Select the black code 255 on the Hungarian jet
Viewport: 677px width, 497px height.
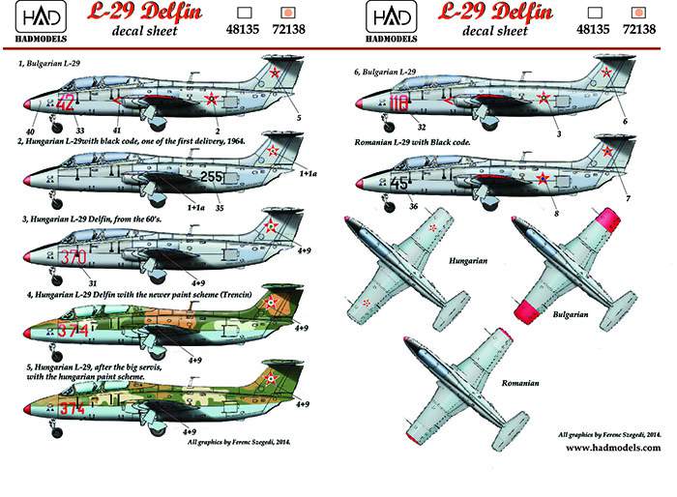(x=212, y=177)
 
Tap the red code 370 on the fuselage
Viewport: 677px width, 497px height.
(x=74, y=257)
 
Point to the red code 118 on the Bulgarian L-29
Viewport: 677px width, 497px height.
(x=398, y=103)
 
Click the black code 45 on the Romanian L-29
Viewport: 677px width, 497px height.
(x=398, y=184)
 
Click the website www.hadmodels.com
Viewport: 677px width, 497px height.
(x=613, y=448)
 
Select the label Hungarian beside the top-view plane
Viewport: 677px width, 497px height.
(x=468, y=261)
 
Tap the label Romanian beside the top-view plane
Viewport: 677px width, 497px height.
(x=520, y=383)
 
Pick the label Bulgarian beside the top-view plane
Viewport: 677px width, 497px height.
(x=571, y=314)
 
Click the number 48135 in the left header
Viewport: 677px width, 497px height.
(x=242, y=29)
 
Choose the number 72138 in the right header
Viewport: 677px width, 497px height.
(x=639, y=29)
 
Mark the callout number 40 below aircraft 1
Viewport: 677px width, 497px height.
(x=30, y=132)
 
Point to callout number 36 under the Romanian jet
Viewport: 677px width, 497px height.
(x=413, y=206)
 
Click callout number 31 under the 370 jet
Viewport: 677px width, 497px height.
(x=93, y=283)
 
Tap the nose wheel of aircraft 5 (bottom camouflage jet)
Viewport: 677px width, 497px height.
(x=56, y=431)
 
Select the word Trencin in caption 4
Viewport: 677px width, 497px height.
(x=236, y=295)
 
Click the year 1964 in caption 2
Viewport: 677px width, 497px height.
(x=236, y=141)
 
